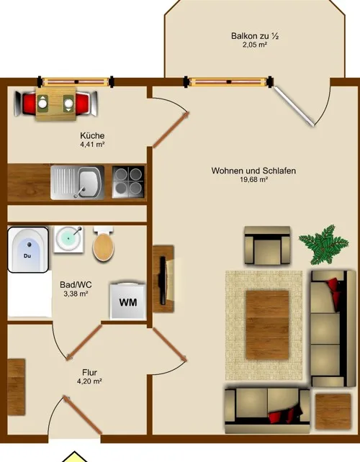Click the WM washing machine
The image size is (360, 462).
128,301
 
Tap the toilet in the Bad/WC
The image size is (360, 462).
104,244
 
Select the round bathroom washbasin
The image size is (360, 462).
68,239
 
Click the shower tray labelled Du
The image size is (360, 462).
28,250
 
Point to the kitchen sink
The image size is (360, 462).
78,183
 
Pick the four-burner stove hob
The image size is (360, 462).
129,182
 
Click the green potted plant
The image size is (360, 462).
324,244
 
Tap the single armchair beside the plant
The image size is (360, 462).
267,245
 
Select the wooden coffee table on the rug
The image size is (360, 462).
267,325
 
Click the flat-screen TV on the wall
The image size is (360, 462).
163,280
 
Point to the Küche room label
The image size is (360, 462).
92,135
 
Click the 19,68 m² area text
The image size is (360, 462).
254,180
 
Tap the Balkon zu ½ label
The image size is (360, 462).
255,36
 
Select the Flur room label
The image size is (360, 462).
89,372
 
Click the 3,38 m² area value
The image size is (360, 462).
76,294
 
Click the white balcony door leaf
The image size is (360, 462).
294,106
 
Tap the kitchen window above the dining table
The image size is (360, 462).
75,82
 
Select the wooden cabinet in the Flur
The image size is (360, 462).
17,387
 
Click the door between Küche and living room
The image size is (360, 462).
171,130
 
